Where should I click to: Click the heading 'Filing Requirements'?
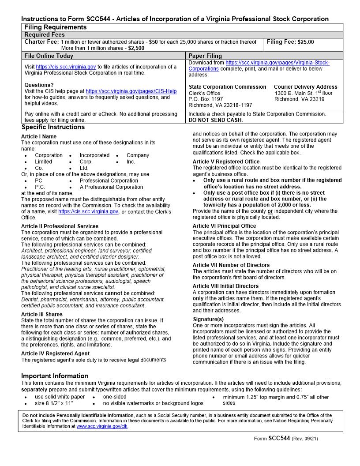pos(56,27)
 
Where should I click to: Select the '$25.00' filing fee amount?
pos(306,42)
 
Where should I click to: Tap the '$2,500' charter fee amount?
pos(136,48)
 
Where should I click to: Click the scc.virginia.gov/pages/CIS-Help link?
pos(131,91)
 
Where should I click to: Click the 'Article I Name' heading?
pos(39,136)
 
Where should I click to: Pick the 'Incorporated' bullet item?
pos(94,155)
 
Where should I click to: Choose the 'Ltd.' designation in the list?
pos(84,168)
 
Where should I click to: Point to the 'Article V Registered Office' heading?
pos(226,162)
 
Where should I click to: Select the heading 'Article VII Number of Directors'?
pos(231,265)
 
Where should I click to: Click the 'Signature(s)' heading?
pos(208,319)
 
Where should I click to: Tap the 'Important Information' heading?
pos(55,376)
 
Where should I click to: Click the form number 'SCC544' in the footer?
pos(279,438)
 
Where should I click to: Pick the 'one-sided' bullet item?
pos(114,397)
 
